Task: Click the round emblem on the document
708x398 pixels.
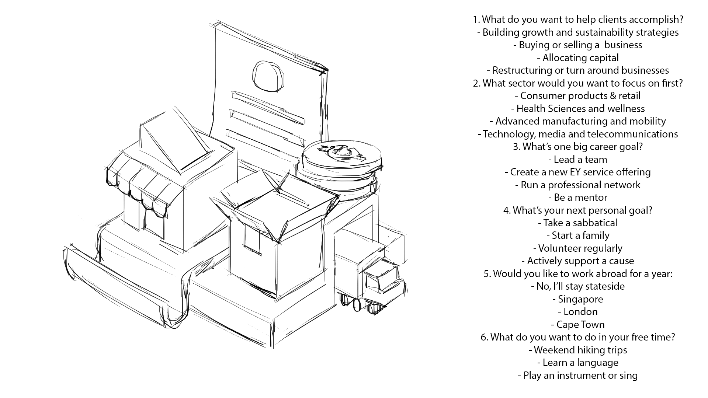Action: pos(268,76)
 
